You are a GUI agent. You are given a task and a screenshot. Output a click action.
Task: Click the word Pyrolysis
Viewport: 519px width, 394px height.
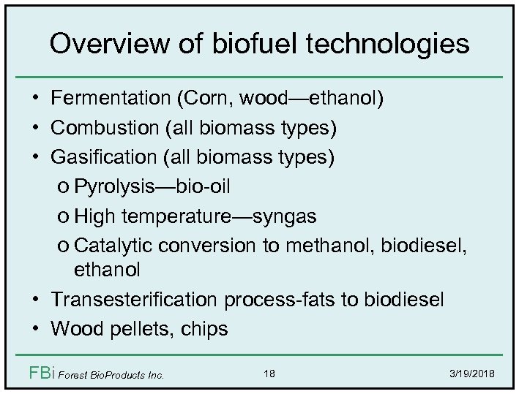111,186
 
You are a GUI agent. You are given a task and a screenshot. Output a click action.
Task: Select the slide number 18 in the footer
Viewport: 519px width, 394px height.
269,374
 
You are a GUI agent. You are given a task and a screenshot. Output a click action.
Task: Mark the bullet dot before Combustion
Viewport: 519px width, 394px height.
36,129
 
